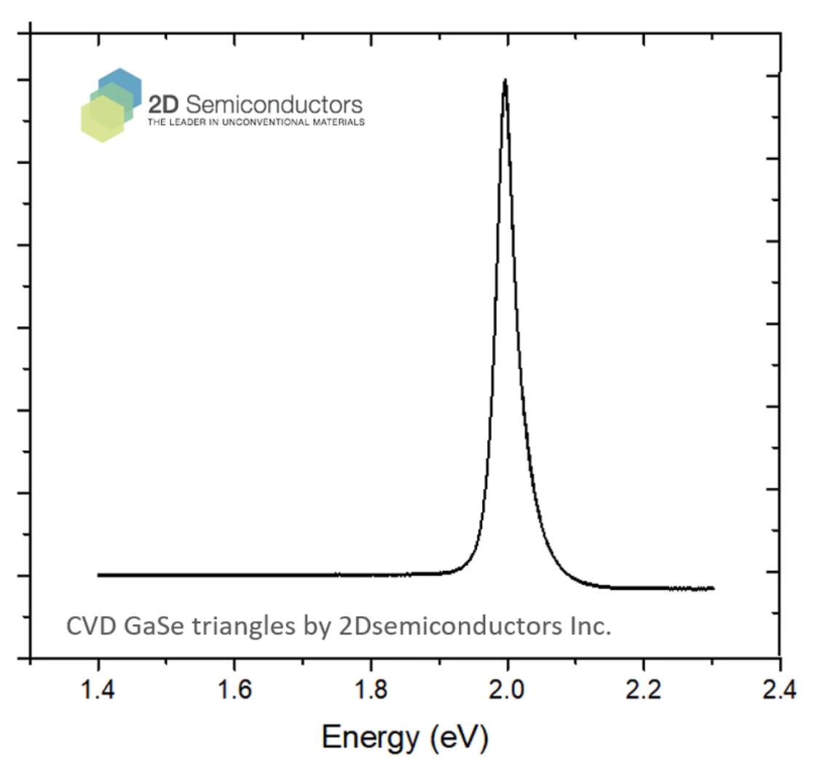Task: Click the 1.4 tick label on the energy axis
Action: tap(97, 690)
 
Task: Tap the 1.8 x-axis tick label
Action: tap(371, 690)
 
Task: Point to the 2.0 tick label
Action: tap(507, 690)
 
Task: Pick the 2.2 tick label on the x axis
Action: tap(643, 690)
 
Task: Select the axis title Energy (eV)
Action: tap(405, 738)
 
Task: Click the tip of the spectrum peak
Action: tap(505, 80)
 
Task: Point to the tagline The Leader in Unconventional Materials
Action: tap(256, 122)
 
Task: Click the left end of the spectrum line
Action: tap(98, 575)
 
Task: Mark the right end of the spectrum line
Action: tap(713, 588)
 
